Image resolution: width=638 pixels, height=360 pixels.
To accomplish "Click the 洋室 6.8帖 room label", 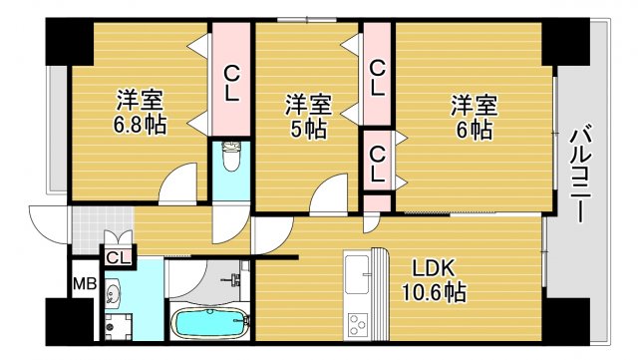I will click(x=140, y=113).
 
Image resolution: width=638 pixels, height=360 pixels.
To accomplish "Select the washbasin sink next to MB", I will click(x=113, y=294).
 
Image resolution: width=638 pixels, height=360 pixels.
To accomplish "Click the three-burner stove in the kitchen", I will click(x=357, y=324).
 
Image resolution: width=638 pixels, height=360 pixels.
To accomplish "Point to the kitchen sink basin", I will click(x=357, y=271).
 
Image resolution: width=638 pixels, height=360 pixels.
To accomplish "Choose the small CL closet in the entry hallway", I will click(x=119, y=258).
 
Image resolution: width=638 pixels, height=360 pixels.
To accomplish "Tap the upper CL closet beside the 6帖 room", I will click(x=377, y=78).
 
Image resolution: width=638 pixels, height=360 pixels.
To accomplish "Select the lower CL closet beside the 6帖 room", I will click(x=377, y=163).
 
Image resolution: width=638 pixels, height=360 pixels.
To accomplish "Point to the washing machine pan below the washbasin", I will click(x=118, y=327).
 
